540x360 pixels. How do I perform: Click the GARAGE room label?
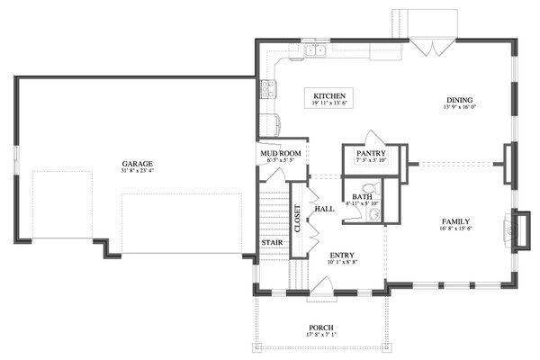pos(138,164)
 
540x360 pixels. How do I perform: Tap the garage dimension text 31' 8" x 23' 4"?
pos(138,171)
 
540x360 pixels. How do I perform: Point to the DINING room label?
pos(459,100)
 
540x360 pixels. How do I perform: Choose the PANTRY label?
pos(371,154)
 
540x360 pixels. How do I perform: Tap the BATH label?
pos(362,196)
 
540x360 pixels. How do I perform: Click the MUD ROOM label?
pos(279,154)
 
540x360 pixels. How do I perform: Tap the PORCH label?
pos(321,328)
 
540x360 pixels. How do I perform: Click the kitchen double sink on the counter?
pos(314,50)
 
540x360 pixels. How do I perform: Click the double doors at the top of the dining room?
pos(435,47)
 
